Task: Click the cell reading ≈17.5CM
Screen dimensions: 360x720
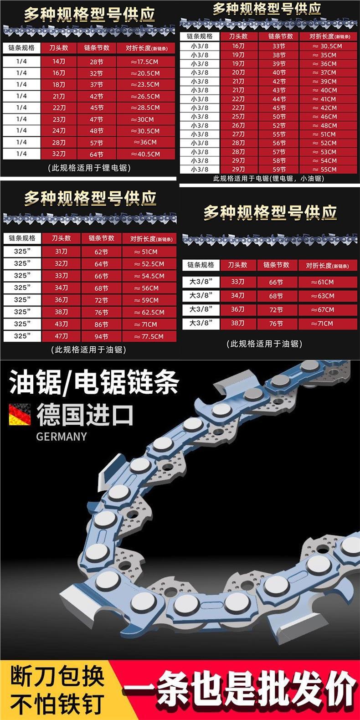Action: click(x=146, y=62)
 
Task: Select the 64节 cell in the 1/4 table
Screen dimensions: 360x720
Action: click(x=96, y=154)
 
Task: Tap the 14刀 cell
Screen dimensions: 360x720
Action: click(x=59, y=62)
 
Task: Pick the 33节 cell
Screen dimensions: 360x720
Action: click(x=279, y=46)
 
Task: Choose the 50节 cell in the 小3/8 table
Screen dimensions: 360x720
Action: click(x=279, y=117)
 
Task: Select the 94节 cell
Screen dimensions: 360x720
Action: click(x=101, y=336)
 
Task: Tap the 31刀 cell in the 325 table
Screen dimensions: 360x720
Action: click(x=61, y=252)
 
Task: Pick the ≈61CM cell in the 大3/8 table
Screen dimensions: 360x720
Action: click(x=323, y=282)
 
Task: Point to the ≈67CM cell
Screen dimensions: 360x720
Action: click(x=323, y=310)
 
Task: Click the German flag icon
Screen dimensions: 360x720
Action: click(x=20, y=414)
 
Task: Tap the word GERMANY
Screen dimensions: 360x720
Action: click(x=61, y=436)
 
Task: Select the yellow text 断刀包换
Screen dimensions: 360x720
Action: click(x=57, y=678)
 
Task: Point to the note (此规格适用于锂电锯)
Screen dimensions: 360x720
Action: click(x=89, y=168)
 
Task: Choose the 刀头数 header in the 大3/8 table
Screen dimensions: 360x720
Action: click(x=237, y=265)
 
